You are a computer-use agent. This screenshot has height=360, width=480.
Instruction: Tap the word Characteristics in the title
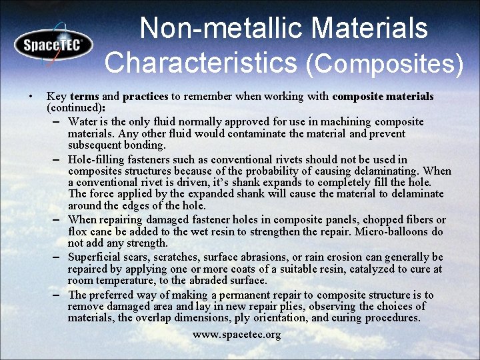[200, 62]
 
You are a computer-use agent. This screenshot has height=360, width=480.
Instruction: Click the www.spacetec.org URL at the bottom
[237, 334]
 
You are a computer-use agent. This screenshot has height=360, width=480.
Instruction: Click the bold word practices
[145, 97]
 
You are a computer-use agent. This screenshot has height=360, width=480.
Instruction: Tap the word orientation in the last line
[279, 318]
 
